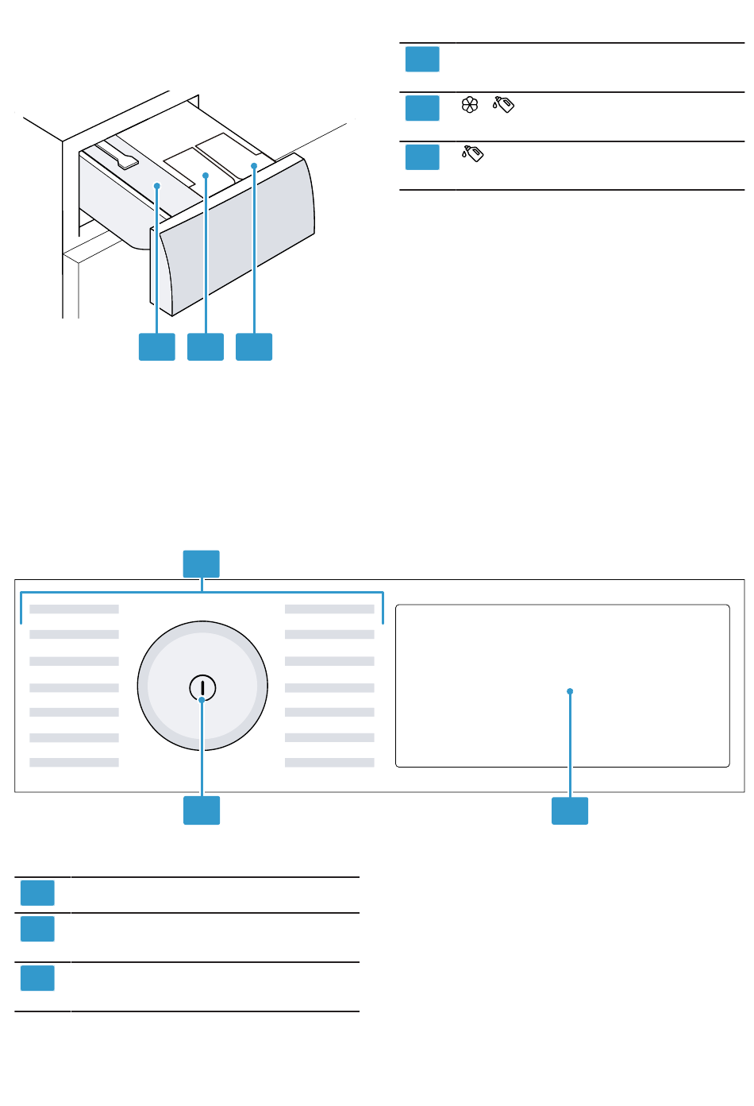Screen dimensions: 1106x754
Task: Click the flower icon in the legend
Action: tap(470, 104)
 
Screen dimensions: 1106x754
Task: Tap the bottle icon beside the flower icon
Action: tap(503, 104)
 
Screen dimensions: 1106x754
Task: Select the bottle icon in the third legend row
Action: tap(473, 153)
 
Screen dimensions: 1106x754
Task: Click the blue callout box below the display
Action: tap(570, 810)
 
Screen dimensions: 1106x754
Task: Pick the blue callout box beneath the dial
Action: tap(202, 810)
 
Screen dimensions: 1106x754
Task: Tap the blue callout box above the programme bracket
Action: tap(202, 563)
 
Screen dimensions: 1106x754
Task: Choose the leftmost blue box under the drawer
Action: tap(157, 346)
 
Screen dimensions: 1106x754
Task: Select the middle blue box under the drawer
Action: tap(206, 346)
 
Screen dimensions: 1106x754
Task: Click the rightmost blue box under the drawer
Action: tap(254, 346)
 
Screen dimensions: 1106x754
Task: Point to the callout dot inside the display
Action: tap(570, 691)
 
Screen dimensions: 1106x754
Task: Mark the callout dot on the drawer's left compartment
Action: tap(157, 186)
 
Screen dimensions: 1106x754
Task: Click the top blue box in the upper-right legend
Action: tap(422, 60)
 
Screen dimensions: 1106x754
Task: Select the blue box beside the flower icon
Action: tap(422, 108)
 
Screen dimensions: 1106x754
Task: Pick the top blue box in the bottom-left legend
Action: tap(37, 892)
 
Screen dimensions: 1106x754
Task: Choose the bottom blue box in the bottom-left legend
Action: tap(37, 978)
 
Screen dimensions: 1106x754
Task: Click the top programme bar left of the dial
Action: tap(74, 609)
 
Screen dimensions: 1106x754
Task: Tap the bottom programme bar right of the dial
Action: tap(329, 763)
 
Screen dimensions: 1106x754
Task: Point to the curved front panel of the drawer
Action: tap(238, 238)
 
